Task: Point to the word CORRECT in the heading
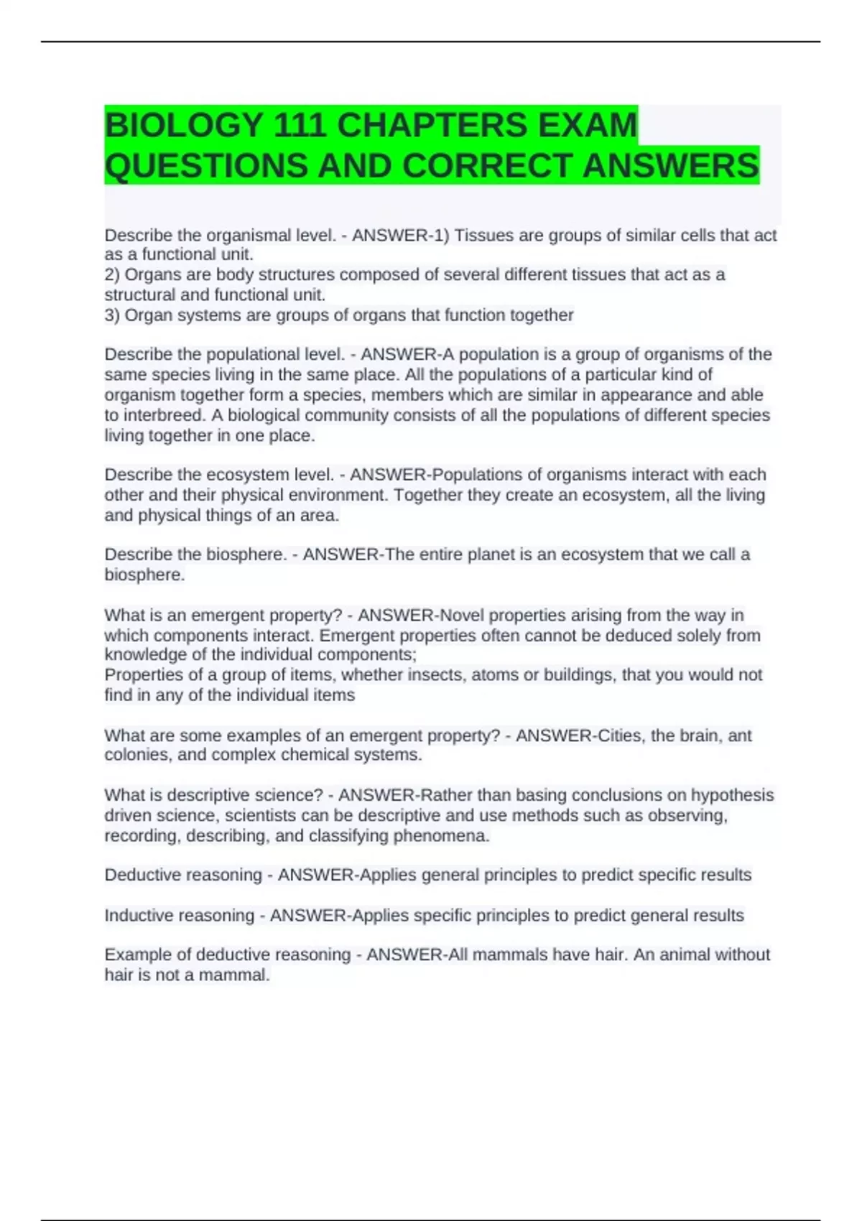coord(488,166)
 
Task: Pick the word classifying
coord(348,836)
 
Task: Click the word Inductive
coord(138,916)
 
